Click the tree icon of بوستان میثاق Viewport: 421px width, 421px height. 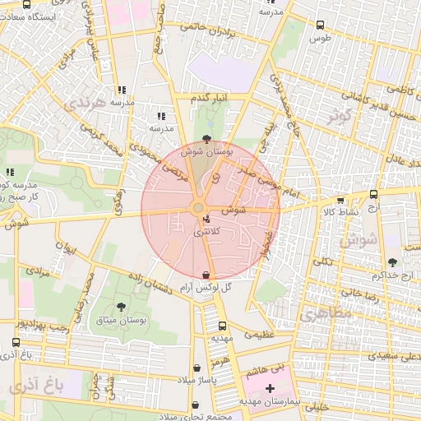pos(122,307)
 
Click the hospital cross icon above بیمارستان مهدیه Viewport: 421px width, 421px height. pos(270,386)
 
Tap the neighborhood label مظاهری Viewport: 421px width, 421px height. pos(325,314)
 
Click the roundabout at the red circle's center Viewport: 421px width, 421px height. pos(198,209)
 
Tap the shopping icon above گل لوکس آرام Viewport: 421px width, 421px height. pos(206,273)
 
